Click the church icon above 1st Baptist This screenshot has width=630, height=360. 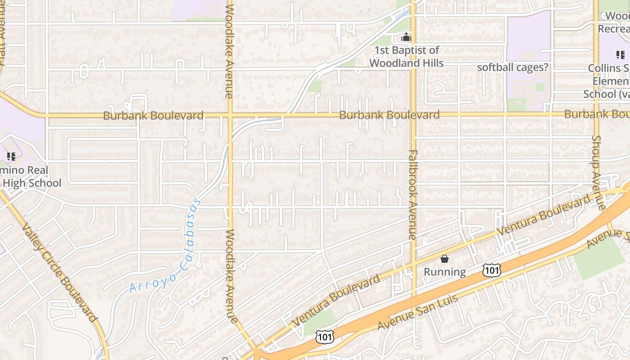(x=406, y=37)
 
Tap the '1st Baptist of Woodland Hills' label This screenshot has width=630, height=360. (x=406, y=57)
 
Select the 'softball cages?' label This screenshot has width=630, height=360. (x=513, y=67)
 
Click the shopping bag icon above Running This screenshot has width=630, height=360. (x=445, y=259)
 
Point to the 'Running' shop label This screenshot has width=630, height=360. (x=445, y=272)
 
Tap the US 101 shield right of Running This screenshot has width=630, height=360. (x=491, y=270)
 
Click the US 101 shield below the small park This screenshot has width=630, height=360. (x=324, y=337)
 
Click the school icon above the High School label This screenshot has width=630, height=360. (x=11, y=157)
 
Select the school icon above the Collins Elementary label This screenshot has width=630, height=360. (x=621, y=55)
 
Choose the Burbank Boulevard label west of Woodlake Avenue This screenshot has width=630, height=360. (x=153, y=116)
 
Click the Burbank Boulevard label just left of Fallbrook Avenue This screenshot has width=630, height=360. (x=389, y=115)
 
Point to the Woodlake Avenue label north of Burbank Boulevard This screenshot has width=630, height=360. (x=229, y=49)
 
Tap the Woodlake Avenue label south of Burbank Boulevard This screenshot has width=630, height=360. (x=230, y=276)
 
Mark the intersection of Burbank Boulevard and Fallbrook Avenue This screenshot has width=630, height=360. (x=413, y=115)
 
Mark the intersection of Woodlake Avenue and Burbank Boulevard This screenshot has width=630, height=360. (x=230, y=116)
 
